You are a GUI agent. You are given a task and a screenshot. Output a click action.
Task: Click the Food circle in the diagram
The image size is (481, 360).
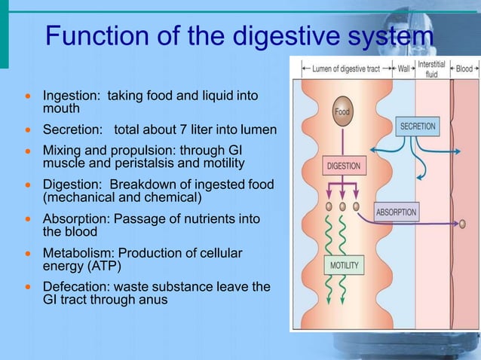[x=342, y=111]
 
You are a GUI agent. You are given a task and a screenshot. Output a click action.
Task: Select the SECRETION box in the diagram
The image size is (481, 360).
[x=418, y=126]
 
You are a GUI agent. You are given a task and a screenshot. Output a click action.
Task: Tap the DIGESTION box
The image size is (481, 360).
[x=344, y=166]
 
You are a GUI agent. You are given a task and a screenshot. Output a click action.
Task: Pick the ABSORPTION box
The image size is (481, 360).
[x=396, y=212]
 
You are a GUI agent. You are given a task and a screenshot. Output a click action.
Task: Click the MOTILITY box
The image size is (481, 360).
[x=344, y=266]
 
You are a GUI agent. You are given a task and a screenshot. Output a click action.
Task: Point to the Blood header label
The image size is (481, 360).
[x=462, y=69]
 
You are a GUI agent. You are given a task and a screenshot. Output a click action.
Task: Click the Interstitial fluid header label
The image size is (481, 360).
[x=430, y=69]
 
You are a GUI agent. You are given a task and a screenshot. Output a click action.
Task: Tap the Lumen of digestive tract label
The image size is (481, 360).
[x=346, y=69]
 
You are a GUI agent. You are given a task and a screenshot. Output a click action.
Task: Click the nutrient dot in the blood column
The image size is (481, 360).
[x=462, y=224]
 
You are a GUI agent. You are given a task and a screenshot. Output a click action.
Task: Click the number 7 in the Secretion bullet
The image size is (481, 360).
[x=179, y=130]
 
